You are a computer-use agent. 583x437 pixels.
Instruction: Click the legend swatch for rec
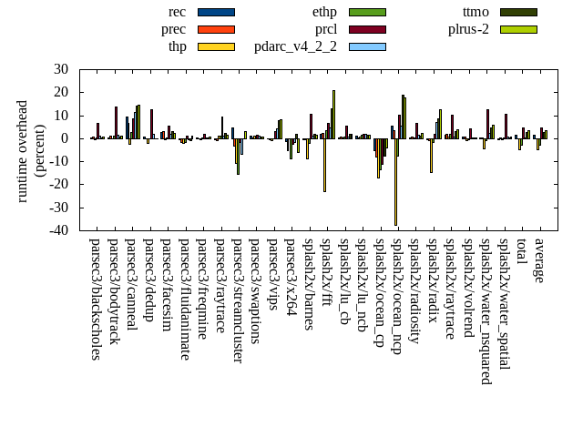coord(216,12)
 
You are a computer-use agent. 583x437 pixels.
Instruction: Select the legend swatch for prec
coord(216,29)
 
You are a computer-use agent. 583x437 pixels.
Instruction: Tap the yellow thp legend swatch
coord(216,46)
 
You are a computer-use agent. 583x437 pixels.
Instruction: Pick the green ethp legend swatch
coord(367,12)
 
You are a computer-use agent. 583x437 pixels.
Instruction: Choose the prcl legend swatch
coord(367,29)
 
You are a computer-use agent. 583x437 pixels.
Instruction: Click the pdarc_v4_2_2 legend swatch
coord(367,46)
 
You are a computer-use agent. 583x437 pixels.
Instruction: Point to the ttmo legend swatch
coord(518,12)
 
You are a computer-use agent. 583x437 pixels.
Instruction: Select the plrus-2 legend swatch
coord(518,29)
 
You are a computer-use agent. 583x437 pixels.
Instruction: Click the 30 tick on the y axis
coord(61,69)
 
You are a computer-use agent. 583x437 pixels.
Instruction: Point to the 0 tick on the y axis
coord(65,138)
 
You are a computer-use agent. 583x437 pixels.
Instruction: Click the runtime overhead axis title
coord(30,150)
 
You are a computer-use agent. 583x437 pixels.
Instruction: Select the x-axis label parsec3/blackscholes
coord(96,299)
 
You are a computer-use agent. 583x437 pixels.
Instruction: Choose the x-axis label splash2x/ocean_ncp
coord(397,297)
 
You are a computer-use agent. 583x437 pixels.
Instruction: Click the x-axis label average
coord(539,260)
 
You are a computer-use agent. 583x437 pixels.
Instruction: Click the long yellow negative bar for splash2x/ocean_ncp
coord(395,182)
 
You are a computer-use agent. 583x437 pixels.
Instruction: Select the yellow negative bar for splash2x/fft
coord(324,165)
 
